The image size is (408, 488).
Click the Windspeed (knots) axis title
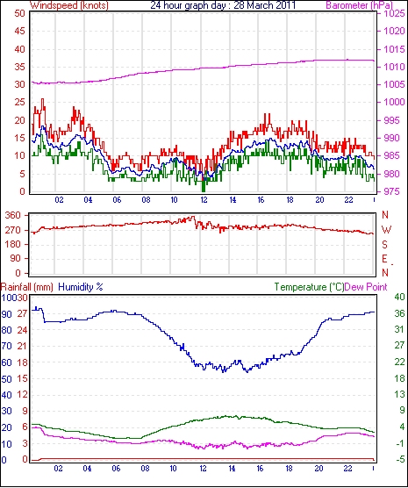pos(69,5)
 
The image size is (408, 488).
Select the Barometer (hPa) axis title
pos(359,5)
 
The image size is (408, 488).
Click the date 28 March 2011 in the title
pos(264,5)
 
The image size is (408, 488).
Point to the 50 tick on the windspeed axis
pos(20,14)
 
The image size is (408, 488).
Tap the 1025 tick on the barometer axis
pos(394,14)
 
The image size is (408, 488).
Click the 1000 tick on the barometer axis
pos(394,102)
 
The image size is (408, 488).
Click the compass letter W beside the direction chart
pos(386,230)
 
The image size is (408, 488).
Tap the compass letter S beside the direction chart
pos(385,245)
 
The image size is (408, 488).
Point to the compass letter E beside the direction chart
pos(385,259)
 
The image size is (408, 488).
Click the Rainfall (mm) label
pos(27,287)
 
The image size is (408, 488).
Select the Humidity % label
pos(81,287)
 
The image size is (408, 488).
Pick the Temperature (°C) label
pos(310,287)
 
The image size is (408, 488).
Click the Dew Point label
pos(366,287)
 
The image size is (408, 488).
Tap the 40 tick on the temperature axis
pos(399,297)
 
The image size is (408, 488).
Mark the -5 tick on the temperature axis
pos(399,459)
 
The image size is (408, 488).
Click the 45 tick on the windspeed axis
pos(20,31)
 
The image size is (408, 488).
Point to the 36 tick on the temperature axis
pos(399,313)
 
